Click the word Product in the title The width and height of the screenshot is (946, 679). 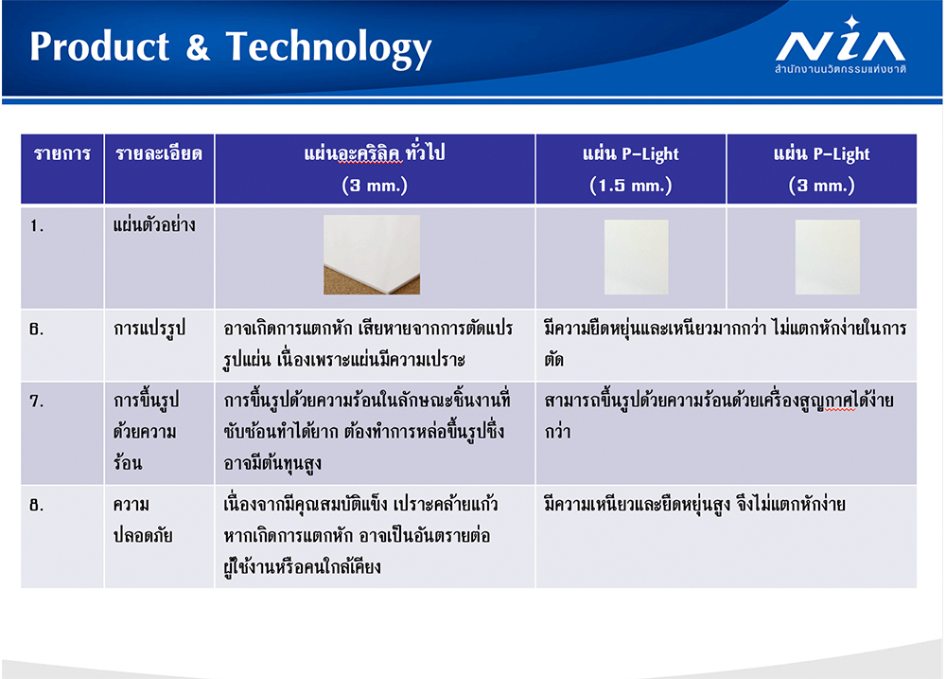99,46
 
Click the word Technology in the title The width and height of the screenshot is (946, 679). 329,48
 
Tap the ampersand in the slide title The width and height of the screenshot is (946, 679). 198,47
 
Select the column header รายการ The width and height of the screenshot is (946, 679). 62,154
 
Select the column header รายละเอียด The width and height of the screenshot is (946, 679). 159,154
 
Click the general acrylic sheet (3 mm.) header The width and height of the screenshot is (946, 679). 375,169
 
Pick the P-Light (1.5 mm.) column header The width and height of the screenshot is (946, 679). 630,170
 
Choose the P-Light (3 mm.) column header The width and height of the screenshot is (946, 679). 822,170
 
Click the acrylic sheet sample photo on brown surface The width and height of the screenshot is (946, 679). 372,255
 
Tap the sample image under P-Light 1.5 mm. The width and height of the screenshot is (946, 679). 636,258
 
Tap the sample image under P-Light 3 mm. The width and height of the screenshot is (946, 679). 827,258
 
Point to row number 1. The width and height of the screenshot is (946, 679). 37,226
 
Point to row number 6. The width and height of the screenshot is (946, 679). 37,330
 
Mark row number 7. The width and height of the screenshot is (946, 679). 37,402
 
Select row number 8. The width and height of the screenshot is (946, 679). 37,505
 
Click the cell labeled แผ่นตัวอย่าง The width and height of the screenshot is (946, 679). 154,225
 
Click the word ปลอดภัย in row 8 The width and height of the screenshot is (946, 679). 143,535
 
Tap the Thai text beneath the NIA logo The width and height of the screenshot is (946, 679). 840,69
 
